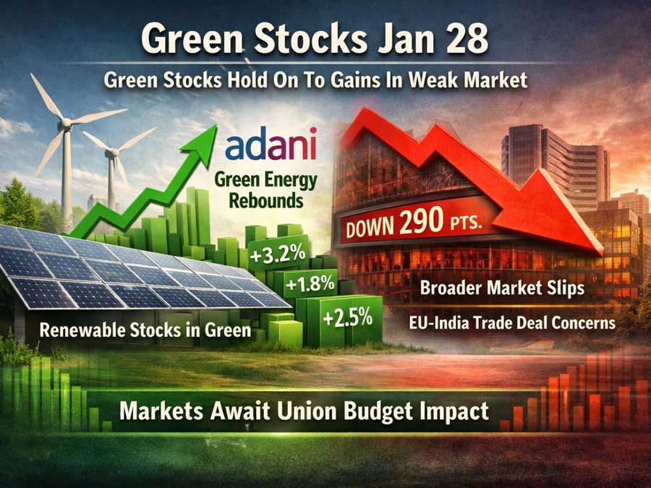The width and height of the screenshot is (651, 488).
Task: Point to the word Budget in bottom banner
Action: tap(392, 411)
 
